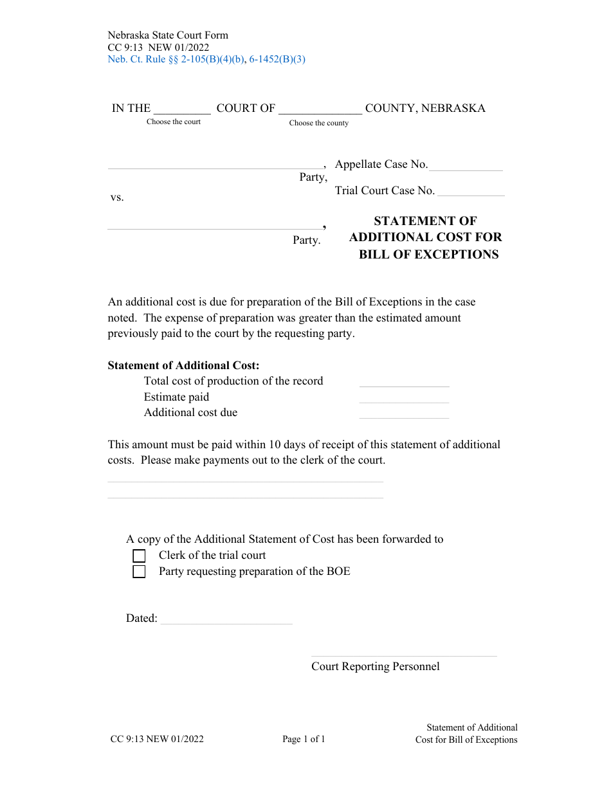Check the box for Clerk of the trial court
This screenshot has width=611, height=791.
[139, 556]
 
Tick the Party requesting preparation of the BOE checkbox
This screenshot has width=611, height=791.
[139, 572]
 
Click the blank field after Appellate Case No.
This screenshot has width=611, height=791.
[466, 166]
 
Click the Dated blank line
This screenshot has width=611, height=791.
[226, 619]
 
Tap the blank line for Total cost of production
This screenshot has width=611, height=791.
[404, 383]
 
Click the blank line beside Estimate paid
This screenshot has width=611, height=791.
[404, 399]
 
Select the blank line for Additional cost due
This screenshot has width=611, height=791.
[404, 414]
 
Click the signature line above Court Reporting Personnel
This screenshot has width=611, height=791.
[404, 652]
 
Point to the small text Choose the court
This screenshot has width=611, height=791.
[174, 122]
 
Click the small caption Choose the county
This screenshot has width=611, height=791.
[319, 123]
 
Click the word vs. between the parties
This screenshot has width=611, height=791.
[117, 197]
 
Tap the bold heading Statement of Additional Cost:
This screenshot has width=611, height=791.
[183, 365]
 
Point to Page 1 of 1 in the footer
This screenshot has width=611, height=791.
[304, 739]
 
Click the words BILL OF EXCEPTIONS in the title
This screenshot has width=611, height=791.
[428, 254]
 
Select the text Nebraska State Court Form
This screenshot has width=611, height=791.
[168, 35]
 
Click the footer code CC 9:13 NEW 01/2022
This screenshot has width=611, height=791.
[157, 739]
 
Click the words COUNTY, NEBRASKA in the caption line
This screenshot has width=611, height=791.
[425, 108]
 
